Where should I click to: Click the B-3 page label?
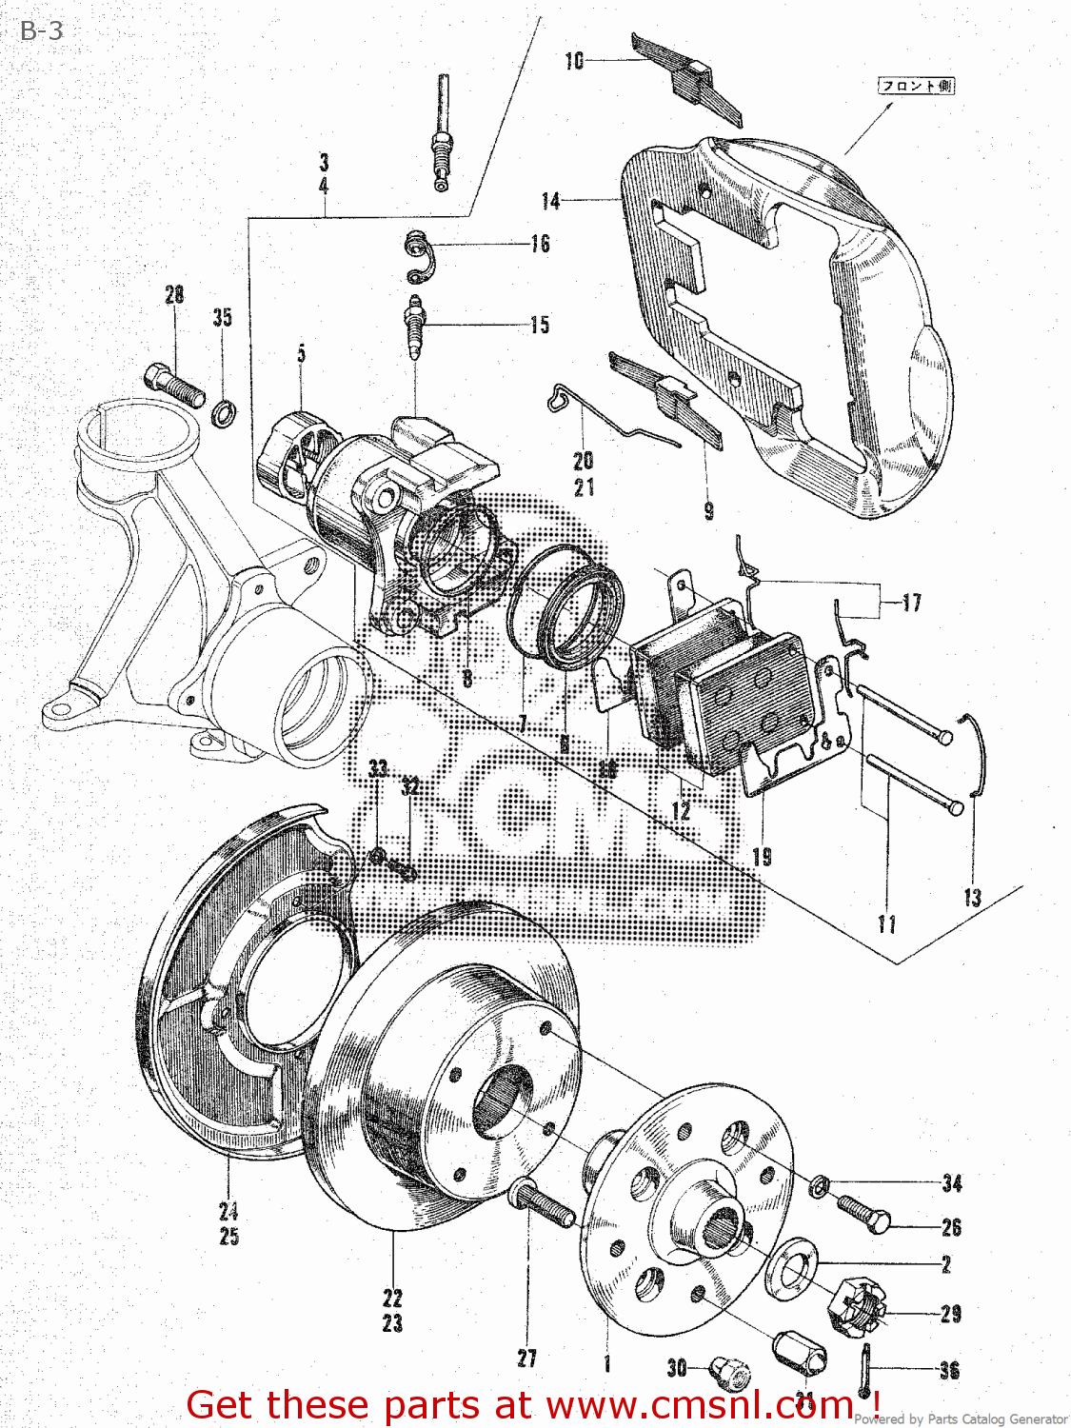pos(41,30)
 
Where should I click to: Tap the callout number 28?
pos(174,295)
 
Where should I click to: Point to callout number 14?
pos(550,201)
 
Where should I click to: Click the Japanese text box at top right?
pos(915,86)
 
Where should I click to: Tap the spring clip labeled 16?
pos(419,257)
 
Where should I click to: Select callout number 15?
pos(540,325)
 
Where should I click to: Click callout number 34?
pos(951,1183)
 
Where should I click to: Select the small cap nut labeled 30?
pos(731,1372)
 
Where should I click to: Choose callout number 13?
pos(971,897)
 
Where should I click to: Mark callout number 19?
pos(762,857)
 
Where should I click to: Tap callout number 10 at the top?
pos(574,61)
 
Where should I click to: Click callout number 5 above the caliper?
pos(301,354)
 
